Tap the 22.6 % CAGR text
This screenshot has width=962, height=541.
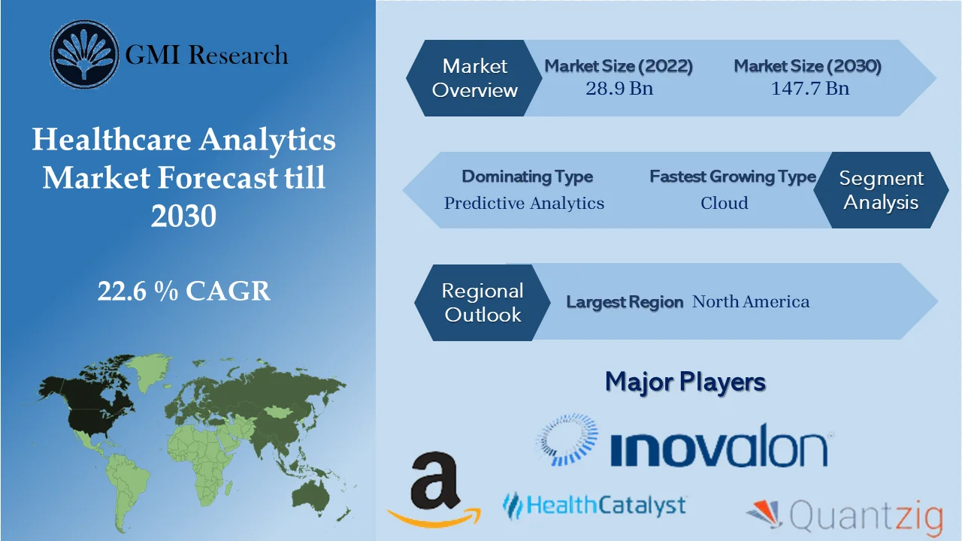[x=184, y=291]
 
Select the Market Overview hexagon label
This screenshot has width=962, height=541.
[x=475, y=78]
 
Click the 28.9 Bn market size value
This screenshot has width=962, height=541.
[x=619, y=88]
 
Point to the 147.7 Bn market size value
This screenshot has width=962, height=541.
[x=809, y=88]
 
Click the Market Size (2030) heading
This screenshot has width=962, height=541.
[x=807, y=66]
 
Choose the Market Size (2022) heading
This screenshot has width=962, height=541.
[x=619, y=66]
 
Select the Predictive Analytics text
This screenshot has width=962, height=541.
[x=524, y=203]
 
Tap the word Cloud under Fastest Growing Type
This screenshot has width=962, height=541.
[x=724, y=203]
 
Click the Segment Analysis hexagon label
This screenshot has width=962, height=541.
[x=881, y=190]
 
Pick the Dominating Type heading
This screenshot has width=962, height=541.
[x=527, y=177]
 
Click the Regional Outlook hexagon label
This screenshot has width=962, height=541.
[x=482, y=302]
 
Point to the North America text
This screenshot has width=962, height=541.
[x=751, y=302]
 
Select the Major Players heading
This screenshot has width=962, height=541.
[x=685, y=382]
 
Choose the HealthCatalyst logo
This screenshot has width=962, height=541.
[x=594, y=504]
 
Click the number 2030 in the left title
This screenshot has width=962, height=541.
[x=184, y=216]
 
